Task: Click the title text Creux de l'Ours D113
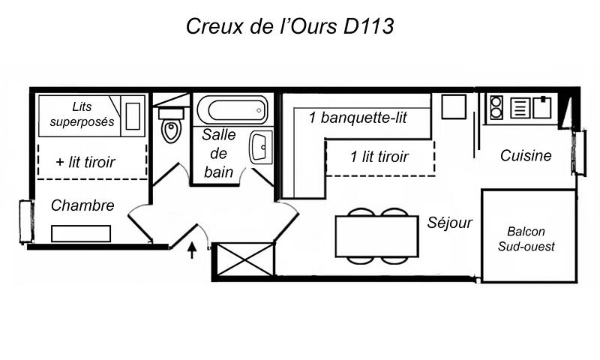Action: click(x=289, y=26)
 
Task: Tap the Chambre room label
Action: click(x=82, y=205)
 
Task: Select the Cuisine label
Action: click(x=526, y=155)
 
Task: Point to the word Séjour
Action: click(x=449, y=222)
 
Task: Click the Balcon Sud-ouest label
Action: click(x=526, y=238)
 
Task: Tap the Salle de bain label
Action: click(x=218, y=154)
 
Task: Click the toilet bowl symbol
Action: click(x=171, y=125)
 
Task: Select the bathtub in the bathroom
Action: click(x=232, y=110)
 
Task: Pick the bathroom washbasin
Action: click(x=260, y=147)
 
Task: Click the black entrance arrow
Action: click(x=192, y=250)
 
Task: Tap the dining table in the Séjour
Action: click(x=377, y=236)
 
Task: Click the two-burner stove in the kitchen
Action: click(x=496, y=107)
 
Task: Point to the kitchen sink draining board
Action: click(x=520, y=108)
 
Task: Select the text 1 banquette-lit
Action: click(x=358, y=118)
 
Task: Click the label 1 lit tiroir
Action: click(x=379, y=157)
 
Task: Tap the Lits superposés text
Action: click(x=82, y=114)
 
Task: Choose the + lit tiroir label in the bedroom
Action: click(x=85, y=162)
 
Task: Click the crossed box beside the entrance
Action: click(x=243, y=259)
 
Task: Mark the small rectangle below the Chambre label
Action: click(x=81, y=234)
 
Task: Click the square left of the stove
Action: click(x=454, y=107)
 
